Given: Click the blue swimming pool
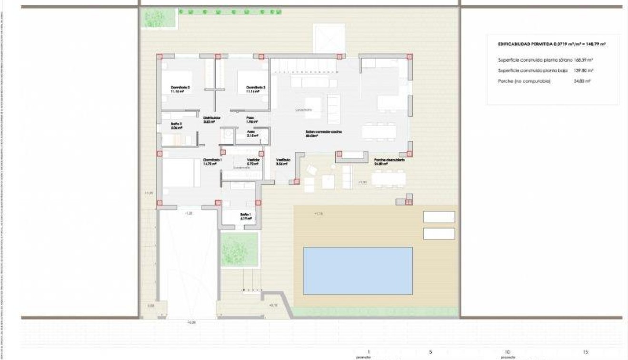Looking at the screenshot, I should pyautogui.click(x=358, y=270).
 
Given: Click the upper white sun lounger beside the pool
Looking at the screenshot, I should pyautogui.click(x=439, y=217).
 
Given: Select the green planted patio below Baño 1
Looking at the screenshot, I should pyautogui.click(x=239, y=249).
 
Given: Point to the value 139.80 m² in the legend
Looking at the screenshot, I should pyautogui.click(x=583, y=70).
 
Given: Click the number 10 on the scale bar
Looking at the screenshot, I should pyautogui.click(x=507, y=352).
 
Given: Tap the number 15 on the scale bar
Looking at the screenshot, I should pyautogui.click(x=585, y=352).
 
